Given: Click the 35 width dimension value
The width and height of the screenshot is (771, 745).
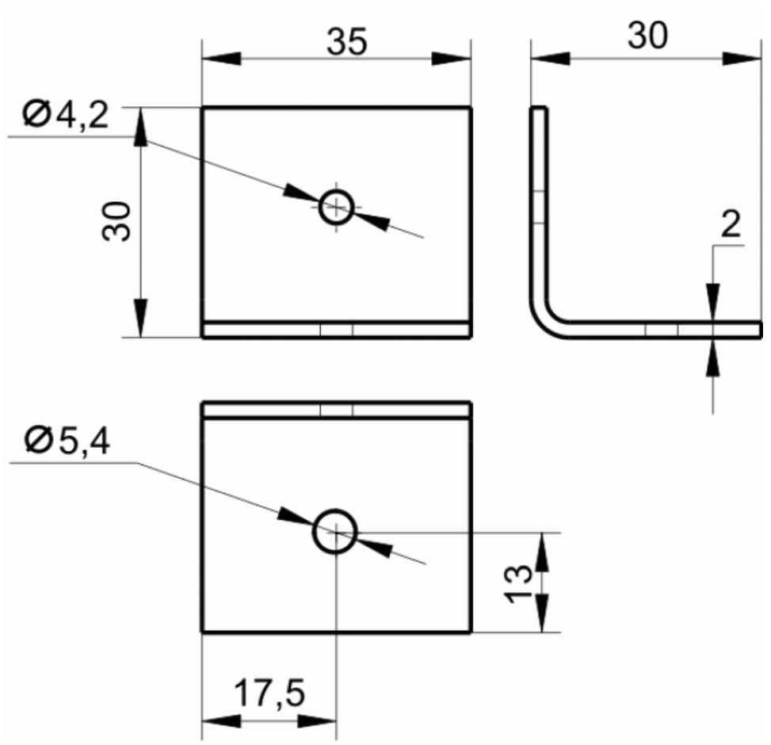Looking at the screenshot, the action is pyautogui.click(x=346, y=41).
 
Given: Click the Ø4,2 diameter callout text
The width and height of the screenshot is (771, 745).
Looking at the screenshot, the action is pyautogui.click(x=66, y=115).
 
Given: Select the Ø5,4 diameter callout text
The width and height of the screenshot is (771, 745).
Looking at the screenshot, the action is pyautogui.click(x=67, y=441).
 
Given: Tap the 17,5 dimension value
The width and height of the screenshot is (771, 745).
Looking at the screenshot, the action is pyautogui.click(x=269, y=693).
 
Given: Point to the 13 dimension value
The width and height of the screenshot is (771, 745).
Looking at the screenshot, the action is pyautogui.click(x=517, y=583).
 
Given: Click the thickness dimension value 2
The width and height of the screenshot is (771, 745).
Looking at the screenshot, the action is pyautogui.click(x=731, y=224).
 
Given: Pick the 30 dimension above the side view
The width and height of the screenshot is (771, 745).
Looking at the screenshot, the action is pyautogui.click(x=647, y=36).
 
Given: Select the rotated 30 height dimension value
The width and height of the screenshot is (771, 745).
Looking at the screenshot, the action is pyautogui.click(x=116, y=221).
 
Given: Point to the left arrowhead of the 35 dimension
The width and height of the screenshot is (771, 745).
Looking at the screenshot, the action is pyautogui.click(x=222, y=59).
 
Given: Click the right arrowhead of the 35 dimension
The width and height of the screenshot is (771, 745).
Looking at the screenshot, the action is pyautogui.click(x=451, y=59).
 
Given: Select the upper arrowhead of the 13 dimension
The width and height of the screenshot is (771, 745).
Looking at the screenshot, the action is pyautogui.click(x=541, y=552).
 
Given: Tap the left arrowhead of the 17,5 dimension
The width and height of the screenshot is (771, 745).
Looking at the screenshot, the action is pyautogui.click(x=222, y=721).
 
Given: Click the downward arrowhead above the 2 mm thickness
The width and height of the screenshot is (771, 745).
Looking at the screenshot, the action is pyautogui.click(x=712, y=303).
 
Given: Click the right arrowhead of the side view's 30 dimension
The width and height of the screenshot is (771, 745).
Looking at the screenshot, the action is pyautogui.click(x=742, y=59).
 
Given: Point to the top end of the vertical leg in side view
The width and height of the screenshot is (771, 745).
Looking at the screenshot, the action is pyautogui.click(x=538, y=107).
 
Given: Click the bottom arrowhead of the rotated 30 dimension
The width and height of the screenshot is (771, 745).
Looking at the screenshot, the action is pyautogui.click(x=140, y=318).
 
